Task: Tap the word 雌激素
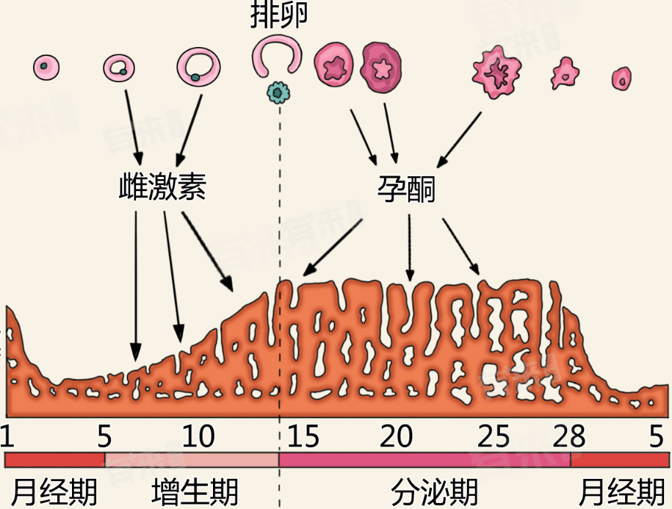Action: [x=162, y=188]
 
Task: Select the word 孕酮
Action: [x=405, y=189]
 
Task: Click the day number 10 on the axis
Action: [x=198, y=437]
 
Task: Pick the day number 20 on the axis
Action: [x=397, y=437]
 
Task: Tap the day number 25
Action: [x=494, y=437]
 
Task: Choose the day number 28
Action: [x=568, y=437]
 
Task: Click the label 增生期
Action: [x=195, y=491]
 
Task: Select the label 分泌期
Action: [x=434, y=491]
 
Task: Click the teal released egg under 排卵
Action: [x=278, y=92]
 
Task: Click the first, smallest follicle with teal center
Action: [x=46, y=67]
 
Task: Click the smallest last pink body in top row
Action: [x=621, y=77]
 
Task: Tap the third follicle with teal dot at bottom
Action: [x=198, y=67]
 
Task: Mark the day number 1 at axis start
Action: [x=8, y=437]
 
